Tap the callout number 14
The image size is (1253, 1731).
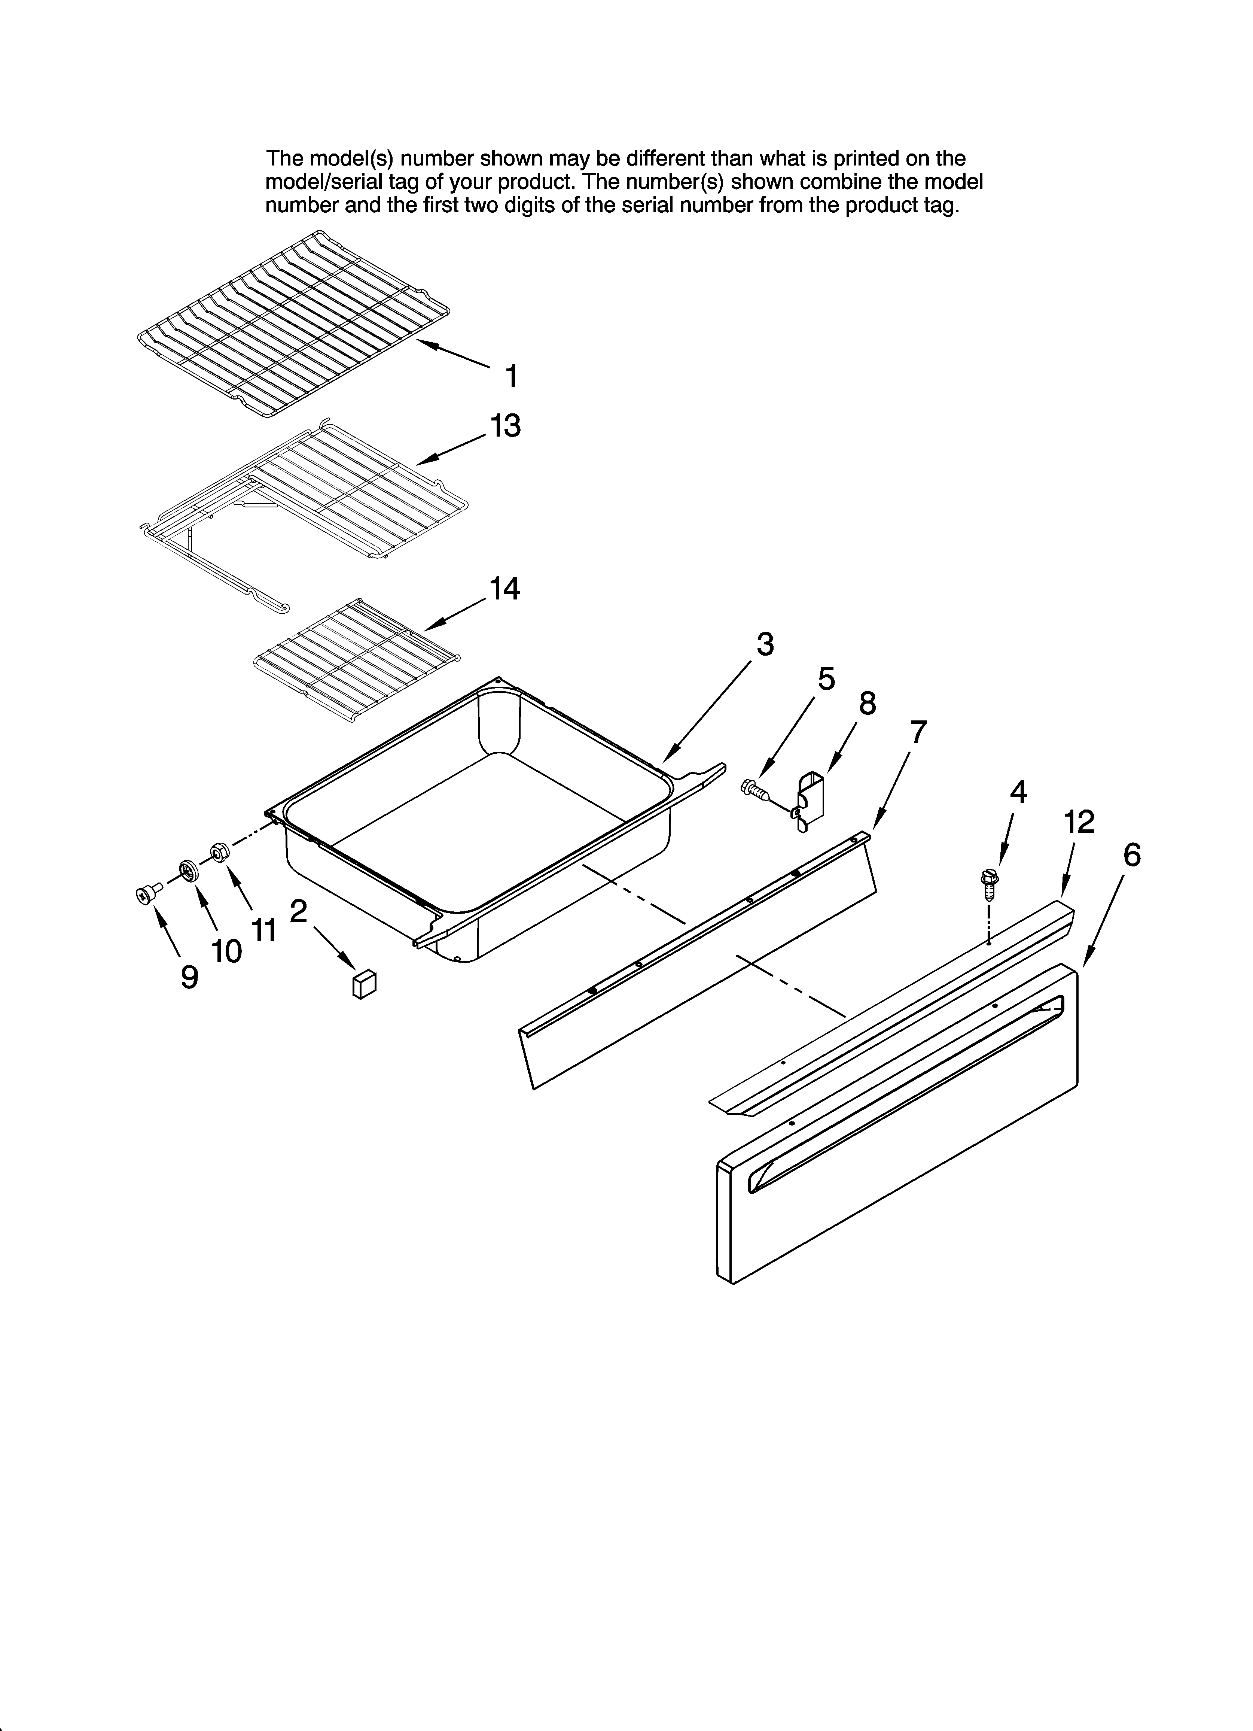(504, 589)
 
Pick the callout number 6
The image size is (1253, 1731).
(1132, 856)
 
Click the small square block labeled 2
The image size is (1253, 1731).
(364, 984)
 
